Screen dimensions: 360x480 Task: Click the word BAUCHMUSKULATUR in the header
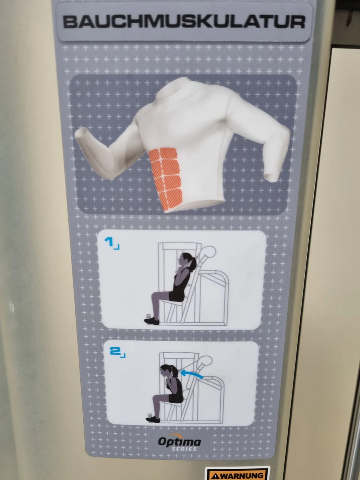point(184,22)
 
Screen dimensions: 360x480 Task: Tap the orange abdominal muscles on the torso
point(166,178)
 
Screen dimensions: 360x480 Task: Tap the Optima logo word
point(180,442)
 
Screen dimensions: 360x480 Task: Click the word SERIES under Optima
point(184,449)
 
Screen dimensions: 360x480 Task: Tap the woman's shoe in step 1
point(152,321)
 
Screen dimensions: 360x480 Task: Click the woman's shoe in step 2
point(153,420)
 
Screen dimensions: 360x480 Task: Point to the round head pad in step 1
point(209,252)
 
